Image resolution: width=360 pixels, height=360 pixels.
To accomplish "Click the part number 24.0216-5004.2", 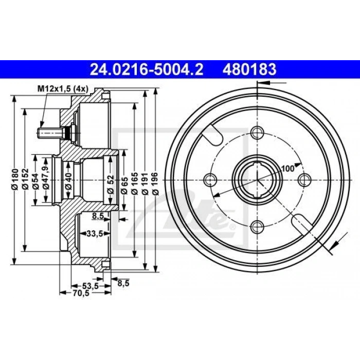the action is (x=147, y=69).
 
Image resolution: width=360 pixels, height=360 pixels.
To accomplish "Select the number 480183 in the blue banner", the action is (x=249, y=69).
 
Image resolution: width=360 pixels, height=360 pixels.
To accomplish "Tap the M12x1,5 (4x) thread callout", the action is (x=63, y=89).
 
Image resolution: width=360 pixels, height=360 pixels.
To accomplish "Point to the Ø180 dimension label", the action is (x=15, y=179).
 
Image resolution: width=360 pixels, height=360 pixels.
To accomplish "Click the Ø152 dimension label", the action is (x=26, y=179).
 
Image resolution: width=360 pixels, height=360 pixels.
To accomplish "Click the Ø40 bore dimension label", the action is (x=68, y=182).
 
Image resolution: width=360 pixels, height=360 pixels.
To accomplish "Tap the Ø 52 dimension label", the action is (x=111, y=184).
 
